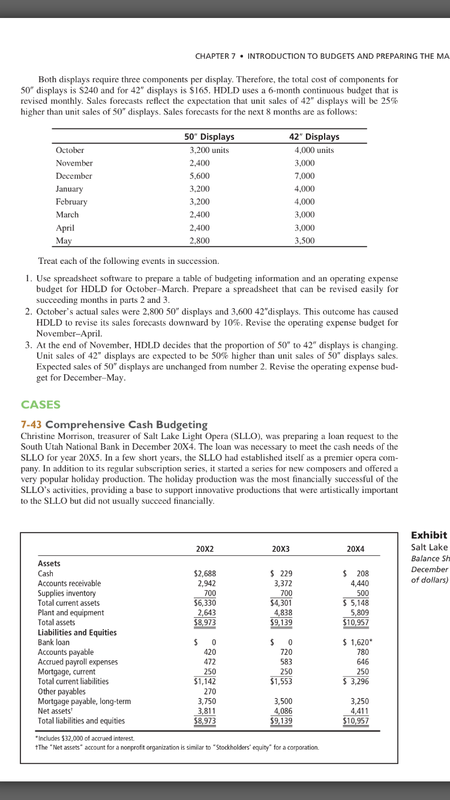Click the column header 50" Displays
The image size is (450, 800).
point(209,137)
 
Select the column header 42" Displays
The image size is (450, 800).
point(314,137)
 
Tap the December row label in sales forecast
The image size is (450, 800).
point(74,176)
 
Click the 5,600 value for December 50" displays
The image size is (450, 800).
point(200,176)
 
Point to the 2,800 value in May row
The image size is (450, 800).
point(200,240)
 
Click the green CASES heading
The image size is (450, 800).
point(40,405)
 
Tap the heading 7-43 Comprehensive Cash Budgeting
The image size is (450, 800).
point(114,424)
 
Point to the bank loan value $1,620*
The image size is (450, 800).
point(356,642)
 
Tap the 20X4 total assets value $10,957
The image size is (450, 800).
point(356,622)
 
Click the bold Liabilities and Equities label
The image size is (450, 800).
point(77,632)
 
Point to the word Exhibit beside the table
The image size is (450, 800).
point(428,534)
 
